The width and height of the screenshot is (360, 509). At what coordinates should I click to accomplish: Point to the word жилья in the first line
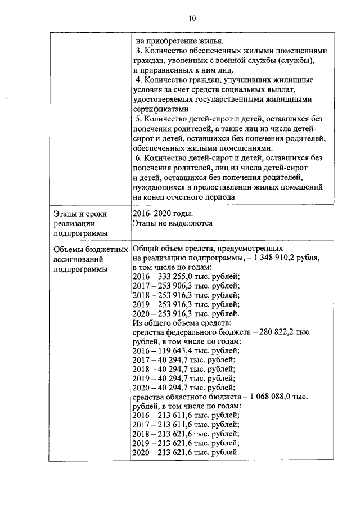tap(212, 41)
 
